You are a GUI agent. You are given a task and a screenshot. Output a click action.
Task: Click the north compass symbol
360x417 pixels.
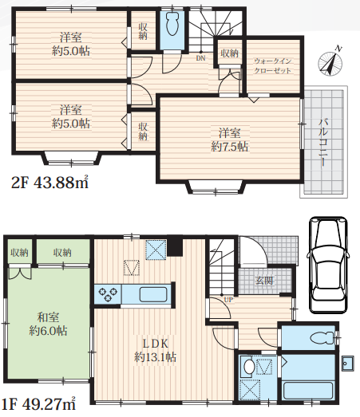(330, 62)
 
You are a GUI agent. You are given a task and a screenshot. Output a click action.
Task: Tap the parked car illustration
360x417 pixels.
(329, 265)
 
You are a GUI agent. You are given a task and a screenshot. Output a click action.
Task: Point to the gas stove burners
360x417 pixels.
(108, 295)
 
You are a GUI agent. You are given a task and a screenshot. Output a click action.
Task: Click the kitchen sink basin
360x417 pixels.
(153, 294)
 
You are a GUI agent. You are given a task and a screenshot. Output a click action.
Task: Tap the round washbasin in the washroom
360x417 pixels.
(249, 367)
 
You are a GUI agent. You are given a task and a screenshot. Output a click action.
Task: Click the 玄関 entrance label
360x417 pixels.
(264, 281)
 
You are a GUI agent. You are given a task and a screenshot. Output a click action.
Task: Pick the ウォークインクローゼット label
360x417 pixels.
(273, 65)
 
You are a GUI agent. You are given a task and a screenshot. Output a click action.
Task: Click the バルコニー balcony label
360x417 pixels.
(323, 142)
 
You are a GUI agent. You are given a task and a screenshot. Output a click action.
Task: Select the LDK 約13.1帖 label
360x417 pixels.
(155, 350)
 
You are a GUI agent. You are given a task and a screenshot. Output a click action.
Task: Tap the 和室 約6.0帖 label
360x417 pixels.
(48, 324)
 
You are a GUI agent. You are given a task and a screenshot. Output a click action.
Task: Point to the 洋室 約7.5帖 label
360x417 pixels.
(230, 140)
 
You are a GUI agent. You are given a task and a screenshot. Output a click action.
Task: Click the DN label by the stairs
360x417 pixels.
(201, 58)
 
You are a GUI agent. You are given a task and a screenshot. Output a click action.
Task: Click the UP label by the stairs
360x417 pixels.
(228, 300)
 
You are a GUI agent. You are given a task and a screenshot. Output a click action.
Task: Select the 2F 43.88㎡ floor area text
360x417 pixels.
(49, 182)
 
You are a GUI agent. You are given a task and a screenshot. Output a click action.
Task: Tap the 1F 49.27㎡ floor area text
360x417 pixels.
(38, 404)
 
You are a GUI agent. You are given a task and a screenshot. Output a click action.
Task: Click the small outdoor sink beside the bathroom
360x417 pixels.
(347, 364)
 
